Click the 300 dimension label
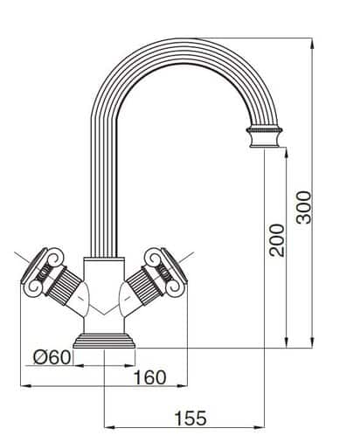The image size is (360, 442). click(x=303, y=207)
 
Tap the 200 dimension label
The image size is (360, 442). click(x=276, y=238)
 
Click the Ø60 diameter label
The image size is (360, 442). click(x=51, y=356)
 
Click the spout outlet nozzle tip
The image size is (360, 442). click(x=263, y=137)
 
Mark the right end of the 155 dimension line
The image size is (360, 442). click(x=263, y=427)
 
